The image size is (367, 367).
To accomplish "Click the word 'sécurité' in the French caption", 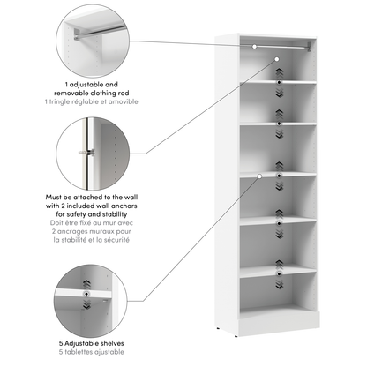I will click(115, 241).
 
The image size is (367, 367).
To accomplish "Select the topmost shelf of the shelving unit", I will click(276, 83).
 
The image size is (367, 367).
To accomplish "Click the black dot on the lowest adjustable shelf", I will click(280, 274).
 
